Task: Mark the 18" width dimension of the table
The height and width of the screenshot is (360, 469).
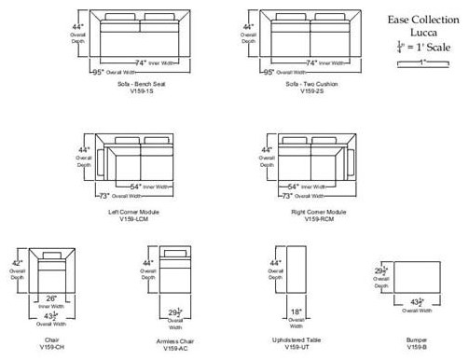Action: click(295, 312)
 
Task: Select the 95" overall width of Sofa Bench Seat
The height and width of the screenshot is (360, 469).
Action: click(97, 71)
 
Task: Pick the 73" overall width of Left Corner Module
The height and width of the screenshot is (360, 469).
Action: click(104, 196)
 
